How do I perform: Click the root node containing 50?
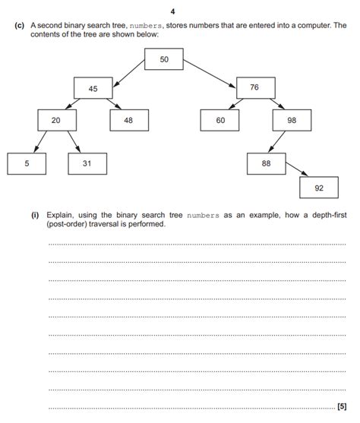[164, 59]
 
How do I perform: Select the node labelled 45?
[93, 89]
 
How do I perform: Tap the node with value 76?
[254, 88]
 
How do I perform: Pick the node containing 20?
[56, 121]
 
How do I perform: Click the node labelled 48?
[128, 121]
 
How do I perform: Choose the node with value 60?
[220, 121]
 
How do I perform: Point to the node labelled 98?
[292, 121]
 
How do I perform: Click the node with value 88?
[266, 163]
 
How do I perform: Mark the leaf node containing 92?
[320, 187]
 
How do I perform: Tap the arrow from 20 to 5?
[39, 141]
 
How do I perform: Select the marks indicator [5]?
[341, 407]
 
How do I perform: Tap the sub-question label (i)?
[36, 215]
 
